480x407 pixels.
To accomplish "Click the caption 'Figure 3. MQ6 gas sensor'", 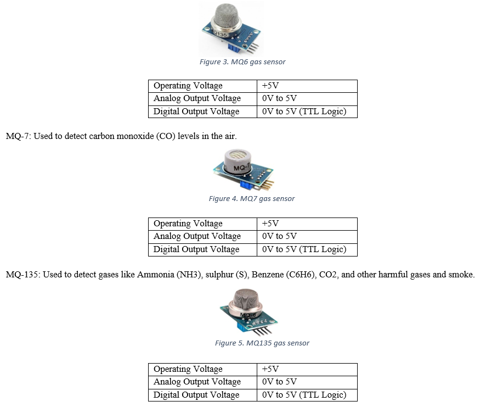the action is pyautogui.click(x=242, y=62).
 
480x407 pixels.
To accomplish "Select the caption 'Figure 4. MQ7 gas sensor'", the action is pyautogui.click(x=252, y=199).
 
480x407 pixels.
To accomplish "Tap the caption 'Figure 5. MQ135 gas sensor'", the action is pyautogui.click(x=262, y=343).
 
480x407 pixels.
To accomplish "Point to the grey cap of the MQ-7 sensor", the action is pyautogui.click(x=238, y=162).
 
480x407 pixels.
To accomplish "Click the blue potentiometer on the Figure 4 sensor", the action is pyautogui.click(x=246, y=185).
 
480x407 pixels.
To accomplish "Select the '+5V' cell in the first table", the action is pyautogui.click(x=270, y=86).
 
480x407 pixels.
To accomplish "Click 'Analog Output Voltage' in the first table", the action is pyautogui.click(x=197, y=98).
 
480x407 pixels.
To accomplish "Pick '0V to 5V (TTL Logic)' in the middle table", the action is pyautogui.click(x=304, y=249).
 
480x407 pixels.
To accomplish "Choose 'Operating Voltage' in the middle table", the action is pyautogui.click(x=188, y=224).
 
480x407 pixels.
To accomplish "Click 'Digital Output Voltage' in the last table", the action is pyautogui.click(x=196, y=395).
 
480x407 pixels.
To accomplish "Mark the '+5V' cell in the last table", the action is pyautogui.click(x=270, y=369).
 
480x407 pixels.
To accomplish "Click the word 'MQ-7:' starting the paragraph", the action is pyautogui.click(x=18, y=136).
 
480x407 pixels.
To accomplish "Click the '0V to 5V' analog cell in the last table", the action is pyautogui.click(x=279, y=382).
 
